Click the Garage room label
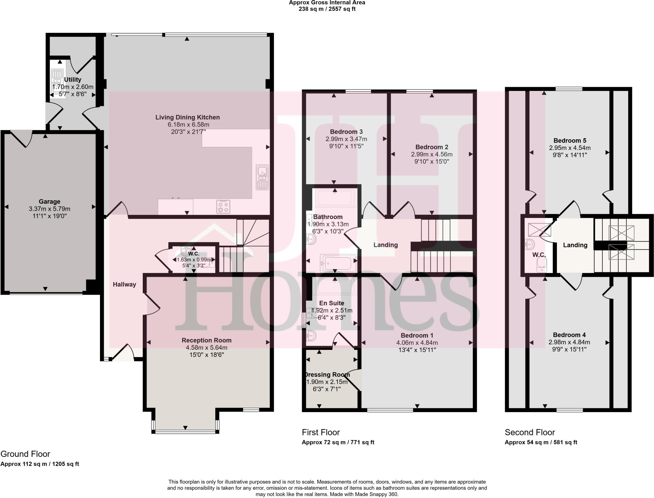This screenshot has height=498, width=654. coord(49,201)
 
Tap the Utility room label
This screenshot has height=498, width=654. coord(72,79)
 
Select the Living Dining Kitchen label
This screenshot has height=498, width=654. coord(187,117)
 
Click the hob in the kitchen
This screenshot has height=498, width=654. coord(223,206)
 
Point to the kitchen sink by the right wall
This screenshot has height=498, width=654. coord(262,177)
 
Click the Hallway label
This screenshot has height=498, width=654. coord(124,284)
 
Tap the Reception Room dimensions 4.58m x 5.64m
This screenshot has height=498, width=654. coord(206,348)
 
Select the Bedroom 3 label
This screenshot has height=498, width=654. coord(346,132)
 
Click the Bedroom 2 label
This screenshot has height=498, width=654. coord(432,147)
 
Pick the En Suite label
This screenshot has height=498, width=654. coord(332,303)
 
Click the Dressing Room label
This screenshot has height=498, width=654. coord(327,374)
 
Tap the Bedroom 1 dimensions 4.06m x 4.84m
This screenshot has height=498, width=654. coord(417,343)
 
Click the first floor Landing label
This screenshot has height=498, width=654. coord(385,245)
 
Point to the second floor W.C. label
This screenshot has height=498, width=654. coord(539,255)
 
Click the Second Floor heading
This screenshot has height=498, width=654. coord(530,432)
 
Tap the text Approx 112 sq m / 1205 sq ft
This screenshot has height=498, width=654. coord(40,464)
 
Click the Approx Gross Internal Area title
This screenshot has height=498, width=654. coord(327,3)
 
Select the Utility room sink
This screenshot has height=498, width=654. coord(57,81)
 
